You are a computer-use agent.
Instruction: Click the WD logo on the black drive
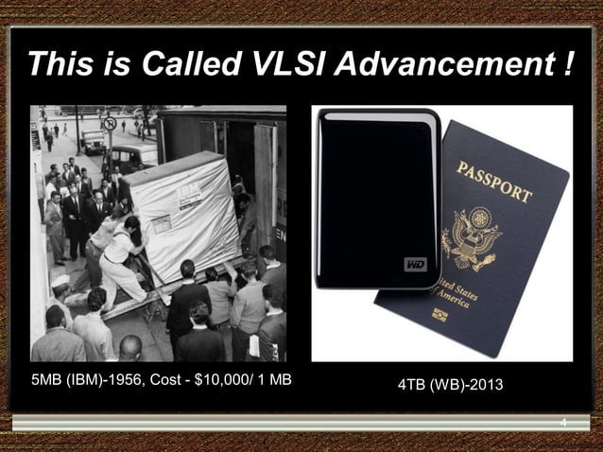416,264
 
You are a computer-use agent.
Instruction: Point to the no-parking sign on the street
109,124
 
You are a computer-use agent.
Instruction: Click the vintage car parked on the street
93,142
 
